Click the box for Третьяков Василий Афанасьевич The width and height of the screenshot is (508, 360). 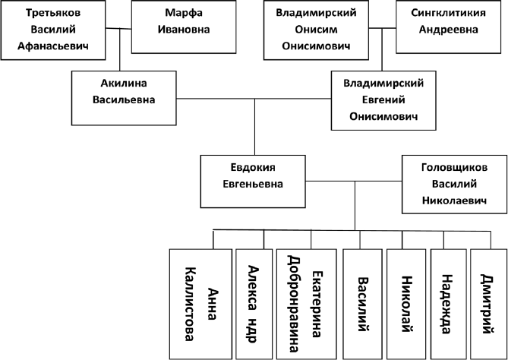[x=53, y=30]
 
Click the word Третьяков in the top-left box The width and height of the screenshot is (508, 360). [x=53, y=14]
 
